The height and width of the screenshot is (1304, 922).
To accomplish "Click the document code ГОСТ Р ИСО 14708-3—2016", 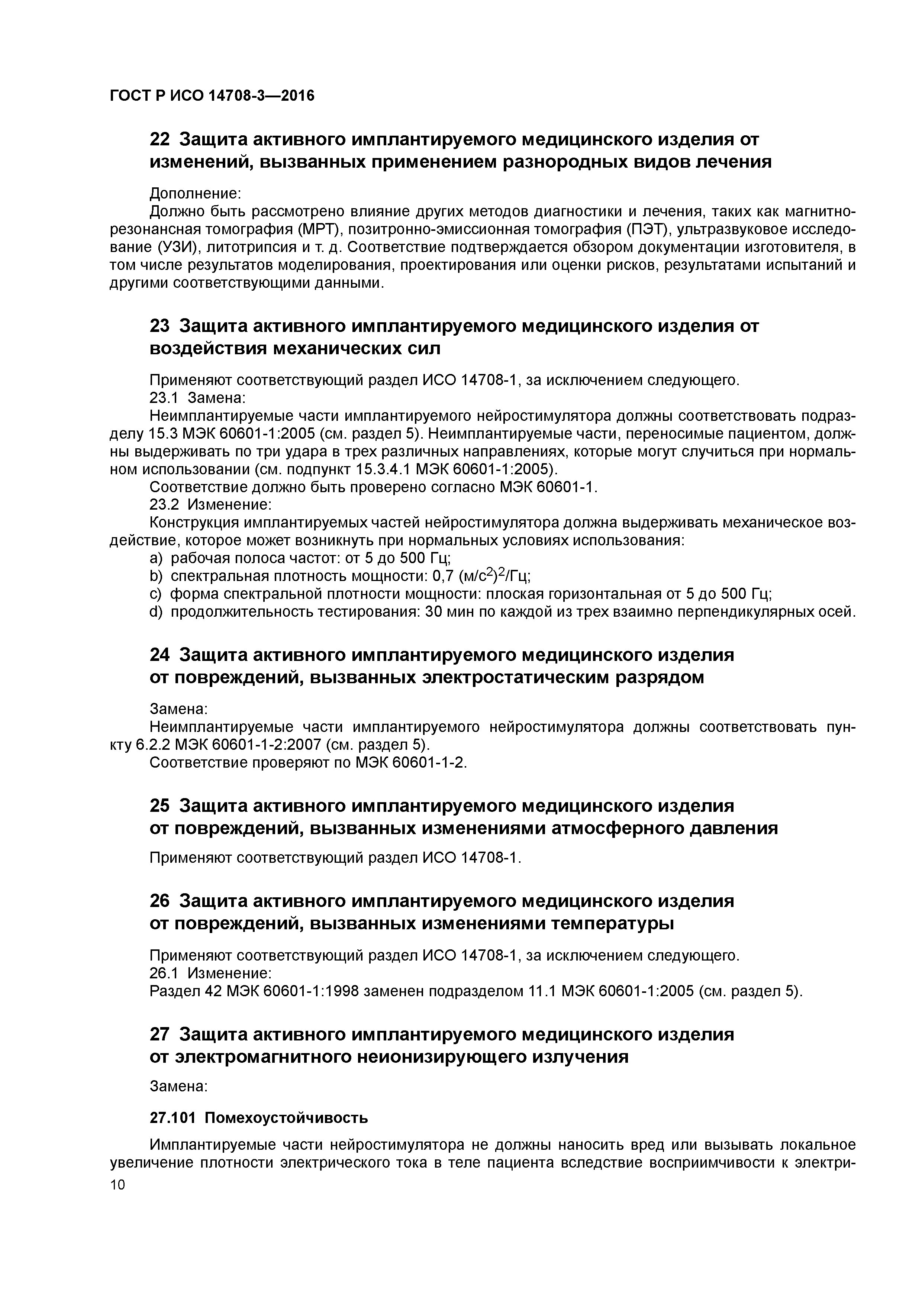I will [212, 96].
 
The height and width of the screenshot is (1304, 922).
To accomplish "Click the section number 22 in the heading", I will [159, 139].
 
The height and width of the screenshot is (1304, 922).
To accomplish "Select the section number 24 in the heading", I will [159, 655].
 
